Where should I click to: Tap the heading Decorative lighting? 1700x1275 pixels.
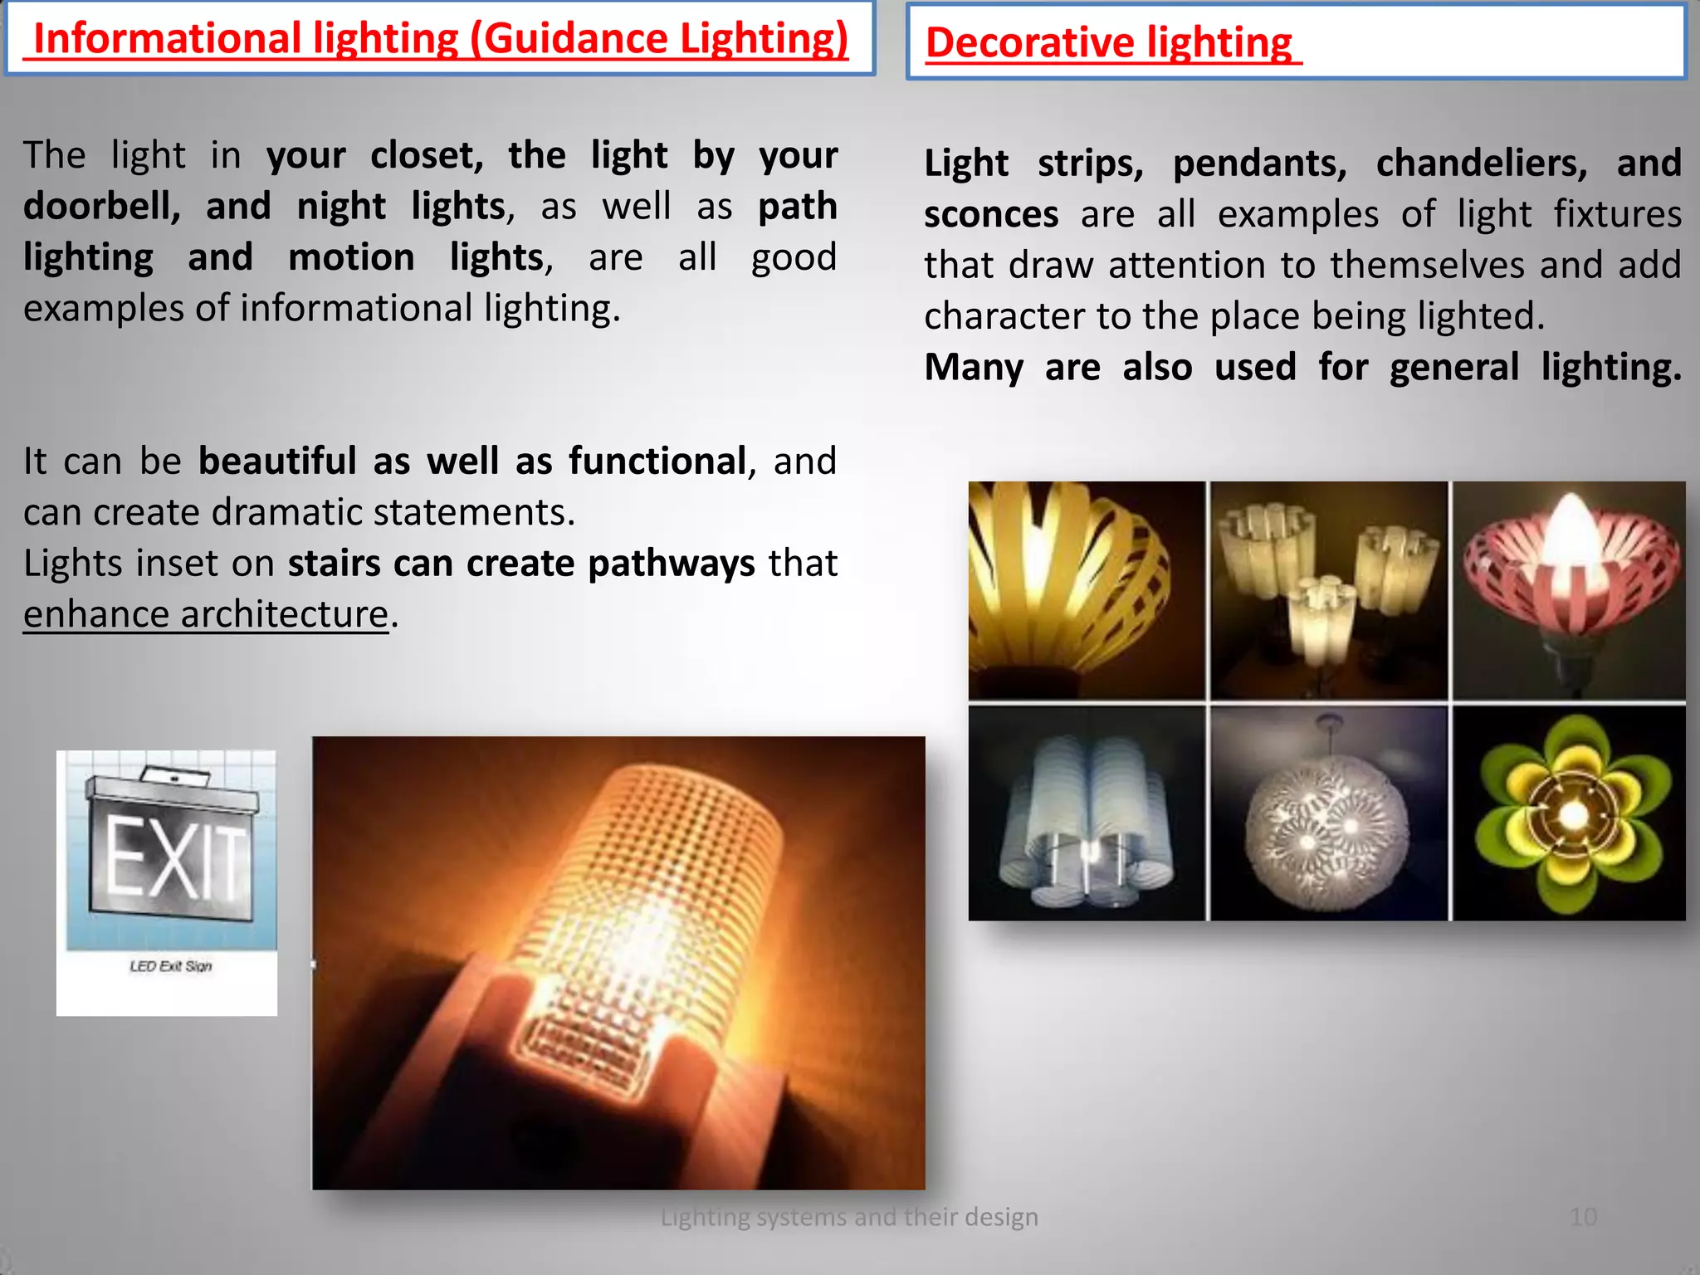pyautogui.click(x=1109, y=42)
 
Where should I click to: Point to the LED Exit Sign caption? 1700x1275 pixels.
pyautogui.click(x=170, y=966)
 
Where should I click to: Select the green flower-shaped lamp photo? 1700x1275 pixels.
pyautogui.click(x=1569, y=813)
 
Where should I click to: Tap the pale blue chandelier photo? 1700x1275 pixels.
pyautogui.click(x=1087, y=813)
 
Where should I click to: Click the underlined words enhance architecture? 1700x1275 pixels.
pyautogui.click(x=206, y=614)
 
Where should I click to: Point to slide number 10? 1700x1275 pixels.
pyautogui.click(x=1583, y=1217)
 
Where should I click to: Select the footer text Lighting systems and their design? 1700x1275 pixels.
pyautogui.click(x=849, y=1217)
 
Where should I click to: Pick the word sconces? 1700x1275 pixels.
pyautogui.click(x=991, y=214)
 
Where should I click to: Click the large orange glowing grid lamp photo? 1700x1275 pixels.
pyautogui.click(x=618, y=963)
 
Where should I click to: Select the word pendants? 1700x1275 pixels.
pyautogui.click(x=1259, y=163)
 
